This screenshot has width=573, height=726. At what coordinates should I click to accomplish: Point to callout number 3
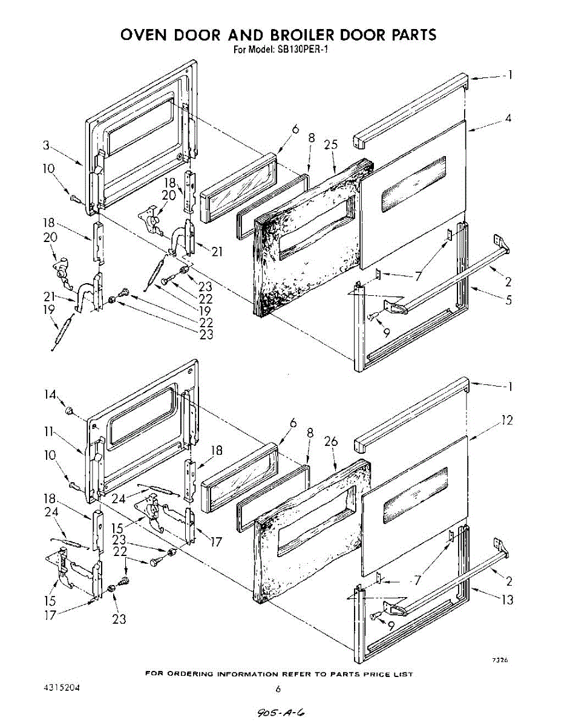pos(47,145)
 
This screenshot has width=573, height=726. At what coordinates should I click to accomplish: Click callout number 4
pos(508,119)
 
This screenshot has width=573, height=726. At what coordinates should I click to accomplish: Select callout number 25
pos(331,145)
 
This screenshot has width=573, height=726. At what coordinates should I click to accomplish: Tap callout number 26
pos(330,442)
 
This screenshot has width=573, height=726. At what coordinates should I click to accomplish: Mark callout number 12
pos(507,420)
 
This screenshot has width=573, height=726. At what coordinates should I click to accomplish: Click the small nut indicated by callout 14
pos(70,412)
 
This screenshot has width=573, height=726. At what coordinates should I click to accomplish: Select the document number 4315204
pos(62,688)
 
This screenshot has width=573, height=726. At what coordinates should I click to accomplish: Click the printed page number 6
pos(278,688)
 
